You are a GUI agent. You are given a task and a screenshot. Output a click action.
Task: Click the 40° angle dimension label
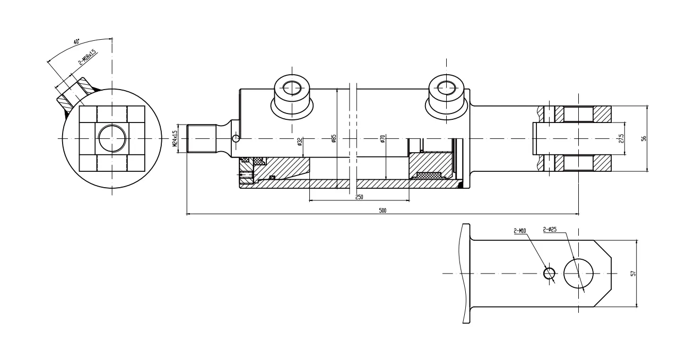77,41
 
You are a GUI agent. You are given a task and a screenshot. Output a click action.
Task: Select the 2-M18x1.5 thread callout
86,57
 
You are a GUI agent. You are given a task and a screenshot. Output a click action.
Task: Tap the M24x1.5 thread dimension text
175,139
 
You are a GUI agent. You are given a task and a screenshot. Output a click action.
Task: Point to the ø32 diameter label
300,142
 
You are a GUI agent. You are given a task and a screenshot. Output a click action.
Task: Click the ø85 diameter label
334,139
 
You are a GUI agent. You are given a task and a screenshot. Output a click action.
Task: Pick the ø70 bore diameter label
382,139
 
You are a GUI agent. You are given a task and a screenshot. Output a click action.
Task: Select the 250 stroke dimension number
359,197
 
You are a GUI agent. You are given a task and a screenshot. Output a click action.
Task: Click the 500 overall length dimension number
382,210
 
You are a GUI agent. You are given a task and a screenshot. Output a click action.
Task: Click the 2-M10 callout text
519,231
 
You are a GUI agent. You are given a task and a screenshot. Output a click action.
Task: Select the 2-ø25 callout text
550,230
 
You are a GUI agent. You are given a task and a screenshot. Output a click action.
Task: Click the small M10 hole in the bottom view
550,274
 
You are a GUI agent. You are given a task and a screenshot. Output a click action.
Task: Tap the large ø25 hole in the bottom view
578,274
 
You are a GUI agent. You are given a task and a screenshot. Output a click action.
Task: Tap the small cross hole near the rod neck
236,139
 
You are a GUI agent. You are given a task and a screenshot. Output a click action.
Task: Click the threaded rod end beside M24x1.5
202,139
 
